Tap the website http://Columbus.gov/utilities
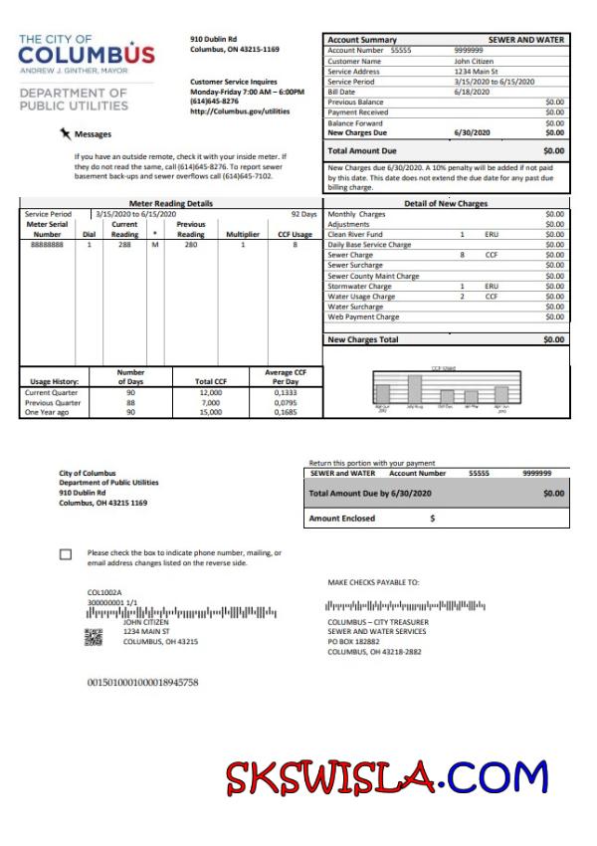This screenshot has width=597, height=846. click(x=240, y=111)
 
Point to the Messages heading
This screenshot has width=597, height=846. click(x=94, y=134)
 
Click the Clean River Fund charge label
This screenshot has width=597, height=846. click(x=355, y=234)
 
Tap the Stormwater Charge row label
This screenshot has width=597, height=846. click(x=359, y=287)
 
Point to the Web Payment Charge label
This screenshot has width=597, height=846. click(x=363, y=317)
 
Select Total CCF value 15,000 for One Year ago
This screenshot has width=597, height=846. click(x=210, y=412)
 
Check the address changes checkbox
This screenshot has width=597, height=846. click(x=66, y=554)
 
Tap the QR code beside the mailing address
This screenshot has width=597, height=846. click(x=94, y=638)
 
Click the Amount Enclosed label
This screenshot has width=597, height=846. click(x=342, y=518)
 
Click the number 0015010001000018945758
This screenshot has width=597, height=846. click(x=144, y=682)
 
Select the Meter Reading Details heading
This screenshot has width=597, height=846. click(x=171, y=203)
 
